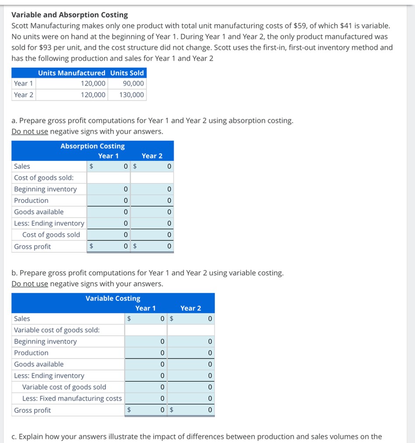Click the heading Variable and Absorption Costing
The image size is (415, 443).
[x=70, y=15]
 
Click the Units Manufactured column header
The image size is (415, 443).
[x=72, y=73]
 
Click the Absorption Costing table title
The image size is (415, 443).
[x=92, y=146]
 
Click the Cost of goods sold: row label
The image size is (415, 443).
[x=44, y=178]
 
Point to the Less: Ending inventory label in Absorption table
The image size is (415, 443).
[x=49, y=223]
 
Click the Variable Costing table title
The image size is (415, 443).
[x=113, y=298]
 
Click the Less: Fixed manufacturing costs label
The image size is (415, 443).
[x=72, y=398]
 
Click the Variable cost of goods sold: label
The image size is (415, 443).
[x=57, y=330]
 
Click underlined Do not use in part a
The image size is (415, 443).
[x=30, y=132]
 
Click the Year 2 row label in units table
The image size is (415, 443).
[x=24, y=95]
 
